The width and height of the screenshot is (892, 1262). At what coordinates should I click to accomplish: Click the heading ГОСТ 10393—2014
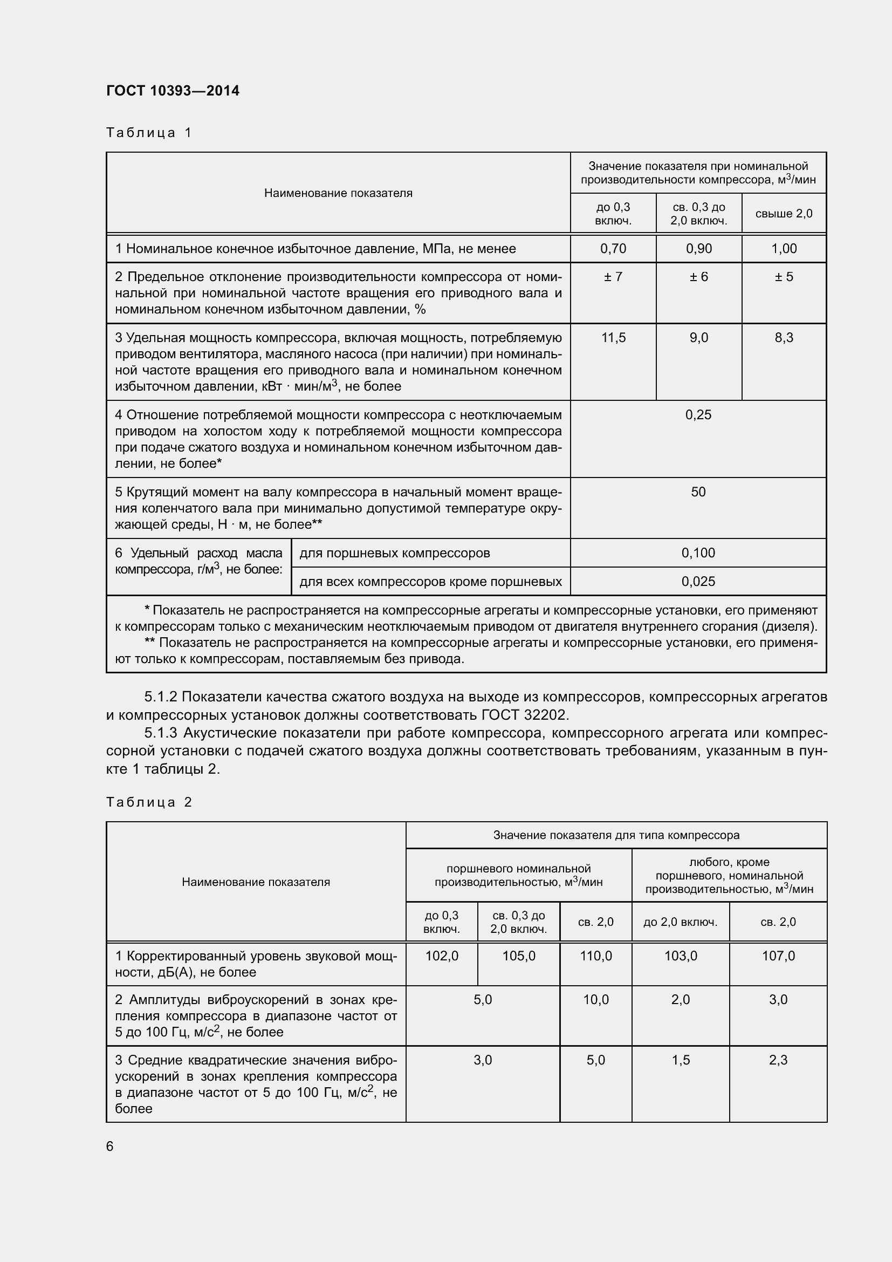tap(173, 91)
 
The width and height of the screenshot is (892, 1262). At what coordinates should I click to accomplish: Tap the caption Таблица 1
tap(149, 133)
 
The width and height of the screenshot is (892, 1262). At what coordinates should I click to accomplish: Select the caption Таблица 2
tap(149, 802)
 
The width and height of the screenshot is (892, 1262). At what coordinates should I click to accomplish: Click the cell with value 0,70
tap(613, 248)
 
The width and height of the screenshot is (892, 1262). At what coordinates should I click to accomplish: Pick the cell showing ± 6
tap(698, 276)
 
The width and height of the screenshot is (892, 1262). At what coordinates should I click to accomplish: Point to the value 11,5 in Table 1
tap(613, 337)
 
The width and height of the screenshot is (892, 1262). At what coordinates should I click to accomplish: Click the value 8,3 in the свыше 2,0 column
tap(784, 337)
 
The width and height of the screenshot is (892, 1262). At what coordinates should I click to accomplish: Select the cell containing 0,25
tap(698, 414)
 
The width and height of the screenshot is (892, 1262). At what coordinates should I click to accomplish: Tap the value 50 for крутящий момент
tap(698, 492)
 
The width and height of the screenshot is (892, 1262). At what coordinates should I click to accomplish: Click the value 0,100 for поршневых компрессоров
tap(698, 553)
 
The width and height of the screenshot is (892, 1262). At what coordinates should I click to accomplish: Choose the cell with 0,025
tap(698, 582)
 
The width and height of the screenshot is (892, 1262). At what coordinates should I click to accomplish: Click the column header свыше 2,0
tap(784, 214)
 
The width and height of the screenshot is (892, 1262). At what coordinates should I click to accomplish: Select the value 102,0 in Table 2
tap(442, 956)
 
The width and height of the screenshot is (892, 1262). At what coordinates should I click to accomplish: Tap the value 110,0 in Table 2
tap(596, 956)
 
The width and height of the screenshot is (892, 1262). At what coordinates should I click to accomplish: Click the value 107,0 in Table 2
tap(778, 956)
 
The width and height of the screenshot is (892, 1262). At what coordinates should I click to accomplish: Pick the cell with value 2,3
tap(778, 1060)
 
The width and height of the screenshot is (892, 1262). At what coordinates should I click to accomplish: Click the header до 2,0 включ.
tap(681, 922)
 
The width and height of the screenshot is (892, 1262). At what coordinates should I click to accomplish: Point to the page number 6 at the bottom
tap(110, 1146)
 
